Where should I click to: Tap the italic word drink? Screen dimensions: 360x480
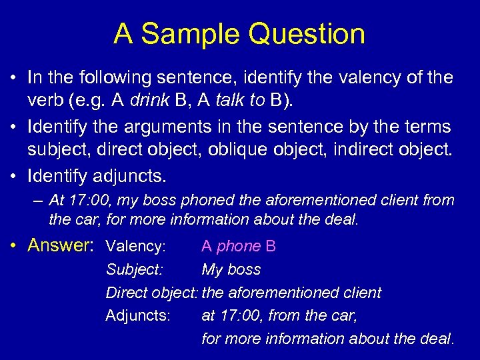pyautogui.click(x=165, y=101)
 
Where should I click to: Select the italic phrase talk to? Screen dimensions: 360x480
pyautogui.click(x=236, y=101)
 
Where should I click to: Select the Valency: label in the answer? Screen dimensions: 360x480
pyautogui.click(x=136, y=247)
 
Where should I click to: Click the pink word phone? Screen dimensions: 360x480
pyautogui.click(x=239, y=247)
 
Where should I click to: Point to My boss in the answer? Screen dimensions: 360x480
pyautogui.click(x=231, y=270)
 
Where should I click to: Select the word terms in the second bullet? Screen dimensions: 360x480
pyautogui.click(x=427, y=127)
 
